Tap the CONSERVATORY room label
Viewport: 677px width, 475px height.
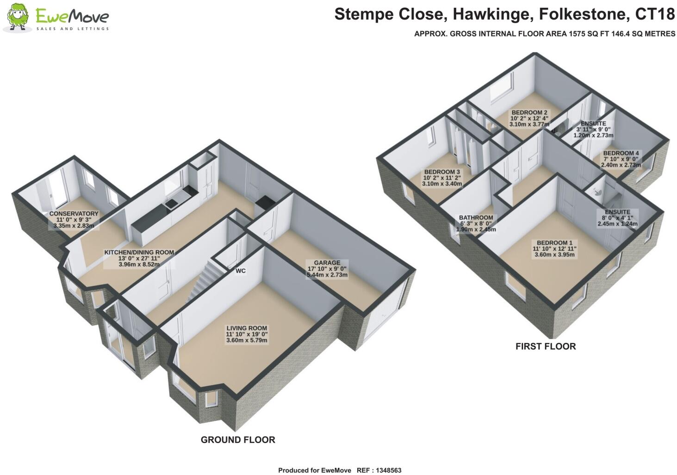(x=74, y=214)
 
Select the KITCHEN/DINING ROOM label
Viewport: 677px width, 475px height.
(x=139, y=253)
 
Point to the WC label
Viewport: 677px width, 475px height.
(x=240, y=271)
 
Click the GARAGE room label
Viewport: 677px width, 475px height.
(x=327, y=263)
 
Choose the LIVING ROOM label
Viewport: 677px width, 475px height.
(x=247, y=328)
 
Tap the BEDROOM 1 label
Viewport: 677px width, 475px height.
(x=554, y=242)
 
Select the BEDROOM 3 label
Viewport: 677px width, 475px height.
(x=442, y=172)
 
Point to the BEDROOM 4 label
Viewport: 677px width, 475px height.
(x=621, y=153)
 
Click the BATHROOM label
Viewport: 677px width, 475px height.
(x=476, y=217)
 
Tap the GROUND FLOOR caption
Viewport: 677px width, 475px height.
(x=238, y=440)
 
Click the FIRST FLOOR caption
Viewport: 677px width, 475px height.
(x=546, y=346)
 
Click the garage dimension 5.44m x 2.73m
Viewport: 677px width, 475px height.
(x=327, y=275)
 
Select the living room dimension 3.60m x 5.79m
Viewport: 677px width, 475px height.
(x=247, y=340)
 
